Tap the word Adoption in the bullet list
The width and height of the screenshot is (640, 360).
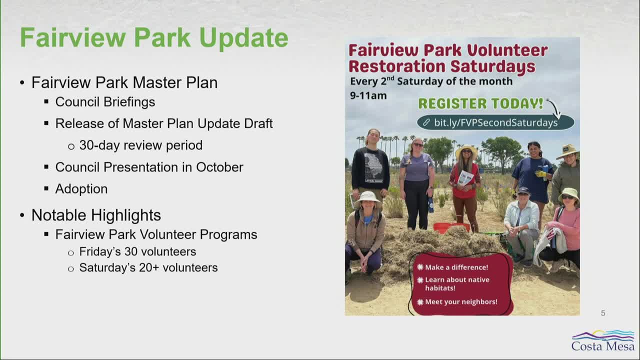[x=81, y=189]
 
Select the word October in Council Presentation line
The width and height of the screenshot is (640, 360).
[x=219, y=167]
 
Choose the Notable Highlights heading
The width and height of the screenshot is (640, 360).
[x=96, y=215]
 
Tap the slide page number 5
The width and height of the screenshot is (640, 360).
[x=603, y=313]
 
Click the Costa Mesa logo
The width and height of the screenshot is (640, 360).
[x=603, y=341]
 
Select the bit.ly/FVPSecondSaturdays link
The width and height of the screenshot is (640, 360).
[x=495, y=122]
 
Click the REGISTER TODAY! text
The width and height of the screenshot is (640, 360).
[x=480, y=103]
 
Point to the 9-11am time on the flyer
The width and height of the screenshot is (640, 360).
[x=368, y=95]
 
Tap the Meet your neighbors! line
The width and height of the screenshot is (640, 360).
[x=461, y=301]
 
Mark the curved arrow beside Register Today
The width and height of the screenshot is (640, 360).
[x=555, y=108]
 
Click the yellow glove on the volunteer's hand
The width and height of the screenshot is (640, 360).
[x=540, y=173]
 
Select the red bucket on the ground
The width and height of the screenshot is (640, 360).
[x=451, y=227]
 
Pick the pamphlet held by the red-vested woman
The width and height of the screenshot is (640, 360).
[x=465, y=178]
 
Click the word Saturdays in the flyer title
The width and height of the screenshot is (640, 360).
[x=493, y=66]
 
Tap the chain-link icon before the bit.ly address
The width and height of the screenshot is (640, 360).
[x=426, y=122]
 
